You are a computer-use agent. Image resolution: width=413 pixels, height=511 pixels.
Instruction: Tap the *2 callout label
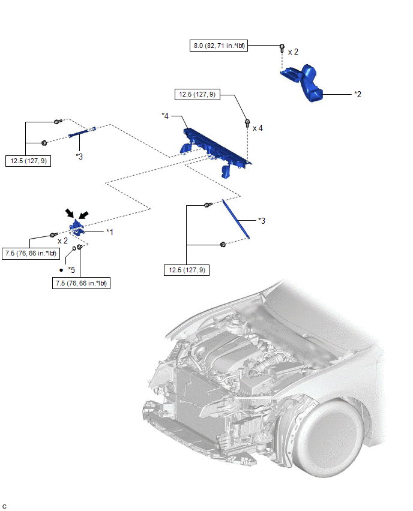pos(357,94)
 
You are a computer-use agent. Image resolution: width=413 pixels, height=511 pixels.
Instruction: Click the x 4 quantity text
pos(258,128)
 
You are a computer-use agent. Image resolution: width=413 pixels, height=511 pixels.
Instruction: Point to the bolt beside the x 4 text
pos(247,124)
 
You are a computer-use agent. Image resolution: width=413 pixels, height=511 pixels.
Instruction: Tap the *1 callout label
pos(110,232)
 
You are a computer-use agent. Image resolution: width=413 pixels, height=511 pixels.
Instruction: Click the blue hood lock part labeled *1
pos(77,227)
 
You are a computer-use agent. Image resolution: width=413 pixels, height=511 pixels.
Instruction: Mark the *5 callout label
pos(71,270)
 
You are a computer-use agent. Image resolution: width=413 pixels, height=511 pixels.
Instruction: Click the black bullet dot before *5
pos(61,270)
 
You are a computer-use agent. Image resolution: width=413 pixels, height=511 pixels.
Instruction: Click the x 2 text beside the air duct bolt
pos(293,52)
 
